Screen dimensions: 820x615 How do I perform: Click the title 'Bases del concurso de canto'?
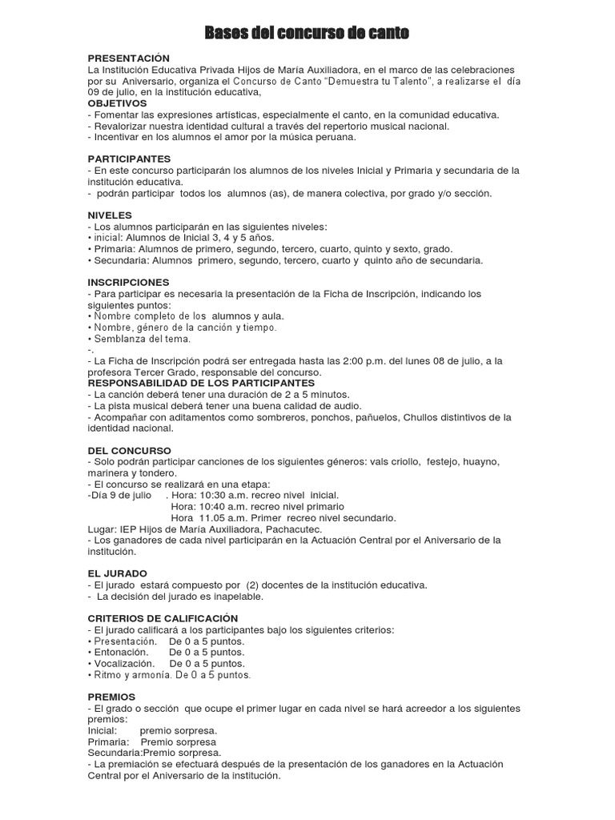pos(307,33)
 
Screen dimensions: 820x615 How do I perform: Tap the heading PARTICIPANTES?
pos(129,159)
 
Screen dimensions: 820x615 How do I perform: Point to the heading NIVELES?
pos(109,215)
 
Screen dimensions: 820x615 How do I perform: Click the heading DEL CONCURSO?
pos(129,451)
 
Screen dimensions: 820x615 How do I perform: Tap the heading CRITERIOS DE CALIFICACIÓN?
pos(163,618)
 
